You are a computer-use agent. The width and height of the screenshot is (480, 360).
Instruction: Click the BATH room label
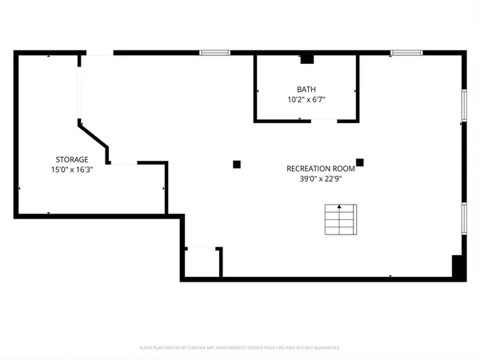click(306, 89)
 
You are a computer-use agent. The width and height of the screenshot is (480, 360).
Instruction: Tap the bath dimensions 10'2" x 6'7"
click(306, 99)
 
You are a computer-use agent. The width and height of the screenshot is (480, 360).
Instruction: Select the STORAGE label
click(72, 159)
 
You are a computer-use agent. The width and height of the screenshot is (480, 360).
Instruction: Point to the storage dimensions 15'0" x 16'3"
click(72, 170)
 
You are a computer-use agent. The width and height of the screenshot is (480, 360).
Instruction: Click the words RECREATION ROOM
click(321, 168)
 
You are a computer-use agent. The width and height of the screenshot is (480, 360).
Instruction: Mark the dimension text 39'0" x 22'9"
click(321, 178)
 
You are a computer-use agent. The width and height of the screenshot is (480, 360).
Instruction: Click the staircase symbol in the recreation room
click(339, 221)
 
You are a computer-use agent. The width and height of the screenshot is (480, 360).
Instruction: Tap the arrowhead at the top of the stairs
click(339, 208)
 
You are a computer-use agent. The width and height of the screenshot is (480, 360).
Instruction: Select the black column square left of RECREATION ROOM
click(237, 165)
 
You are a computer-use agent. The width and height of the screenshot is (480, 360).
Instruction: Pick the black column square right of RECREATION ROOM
click(360, 162)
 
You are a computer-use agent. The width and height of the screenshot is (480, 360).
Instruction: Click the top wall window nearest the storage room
click(214, 53)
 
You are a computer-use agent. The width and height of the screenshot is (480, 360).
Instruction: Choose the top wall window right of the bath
click(406, 53)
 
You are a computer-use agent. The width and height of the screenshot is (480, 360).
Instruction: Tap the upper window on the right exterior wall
click(463, 105)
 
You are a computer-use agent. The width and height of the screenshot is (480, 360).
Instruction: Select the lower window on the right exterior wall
click(463, 218)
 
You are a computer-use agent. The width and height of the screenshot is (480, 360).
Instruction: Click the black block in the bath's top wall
click(306, 58)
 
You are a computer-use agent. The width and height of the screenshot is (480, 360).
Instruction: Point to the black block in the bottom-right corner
click(458, 266)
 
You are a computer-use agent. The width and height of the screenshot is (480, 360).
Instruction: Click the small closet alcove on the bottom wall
click(202, 262)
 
